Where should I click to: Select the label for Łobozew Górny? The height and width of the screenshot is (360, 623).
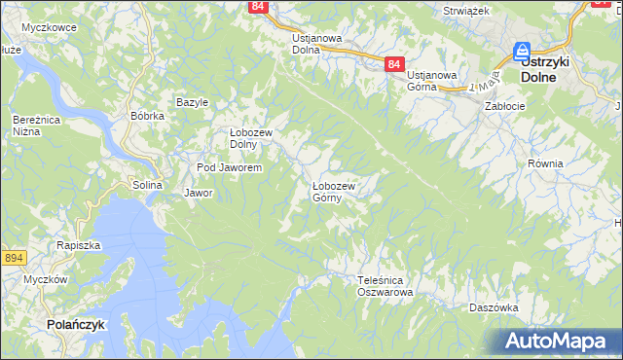click(333, 192)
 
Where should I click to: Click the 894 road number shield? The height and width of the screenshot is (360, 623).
click(13, 257)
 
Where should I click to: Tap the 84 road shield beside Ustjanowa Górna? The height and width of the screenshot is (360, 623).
click(393, 63)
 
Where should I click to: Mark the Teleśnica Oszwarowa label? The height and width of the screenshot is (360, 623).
click(385, 285)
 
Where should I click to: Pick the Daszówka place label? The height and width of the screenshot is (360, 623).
click(493, 306)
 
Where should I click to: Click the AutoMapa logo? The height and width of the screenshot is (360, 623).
click(559, 342)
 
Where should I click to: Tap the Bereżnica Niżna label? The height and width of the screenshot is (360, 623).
click(32, 125)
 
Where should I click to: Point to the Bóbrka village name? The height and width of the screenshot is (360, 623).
click(147, 116)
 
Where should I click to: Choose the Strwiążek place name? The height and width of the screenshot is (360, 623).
click(465, 10)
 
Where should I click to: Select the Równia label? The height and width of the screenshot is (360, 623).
click(545, 163)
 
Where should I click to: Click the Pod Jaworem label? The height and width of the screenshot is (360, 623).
click(230, 167)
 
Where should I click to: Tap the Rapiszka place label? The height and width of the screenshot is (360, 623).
click(78, 246)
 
